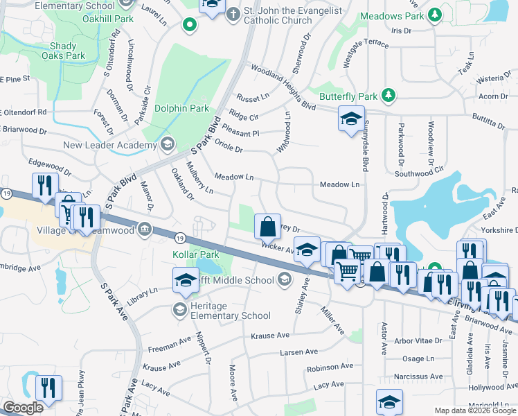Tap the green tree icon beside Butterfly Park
tap(389, 94)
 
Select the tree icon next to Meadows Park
tap(434, 13)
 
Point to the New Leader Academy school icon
tap(167, 144)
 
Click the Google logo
tap(23, 408)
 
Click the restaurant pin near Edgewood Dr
tap(44, 185)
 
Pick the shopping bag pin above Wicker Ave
tap(267, 225)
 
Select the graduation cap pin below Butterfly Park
tap(350, 118)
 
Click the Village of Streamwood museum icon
tap(144, 229)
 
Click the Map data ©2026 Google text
tap(474, 410)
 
